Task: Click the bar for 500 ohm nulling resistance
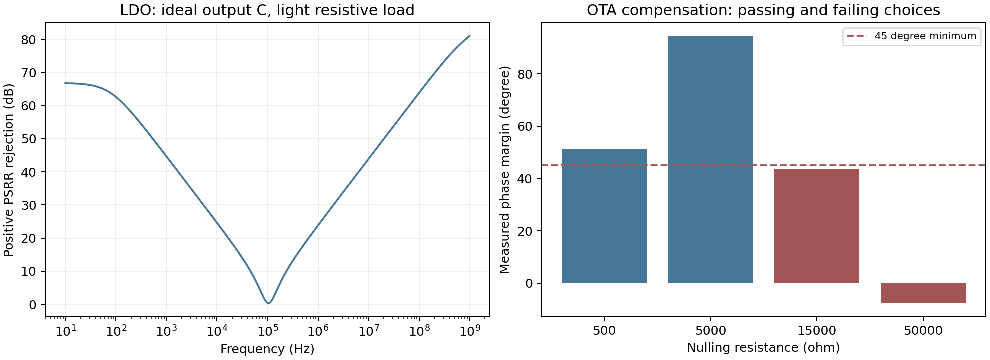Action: pyautogui.click(x=604, y=216)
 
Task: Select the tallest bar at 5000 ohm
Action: pyautogui.click(x=710, y=160)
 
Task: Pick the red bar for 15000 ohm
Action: pyautogui.click(x=817, y=226)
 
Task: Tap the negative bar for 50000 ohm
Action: pyautogui.click(x=923, y=293)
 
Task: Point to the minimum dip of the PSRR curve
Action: pyautogui.click(x=268, y=303)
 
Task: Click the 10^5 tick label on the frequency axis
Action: pyautogui.click(x=267, y=330)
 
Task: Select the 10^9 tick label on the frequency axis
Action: pyautogui.click(x=470, y=330)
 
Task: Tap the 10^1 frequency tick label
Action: pyautogui.click(x=65, y=330)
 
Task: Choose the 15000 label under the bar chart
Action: pyautogui.click(x=817, y=331)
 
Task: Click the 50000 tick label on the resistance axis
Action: pyautogui.click(x=923, y=331)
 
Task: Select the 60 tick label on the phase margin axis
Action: pyautogui.click(x=526, y=127)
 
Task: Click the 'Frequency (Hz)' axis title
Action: pyautogui.click(x=267, y=349)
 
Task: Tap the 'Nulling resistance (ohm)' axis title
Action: pyautogui.click(x=763, y=348)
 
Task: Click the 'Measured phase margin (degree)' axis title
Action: pyautogui.click(x=505, y=170)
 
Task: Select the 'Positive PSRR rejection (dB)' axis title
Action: pyautogui.click(x=9, y=170)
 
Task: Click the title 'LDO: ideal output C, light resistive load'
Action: pyautogui.click(x=267, y=10)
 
